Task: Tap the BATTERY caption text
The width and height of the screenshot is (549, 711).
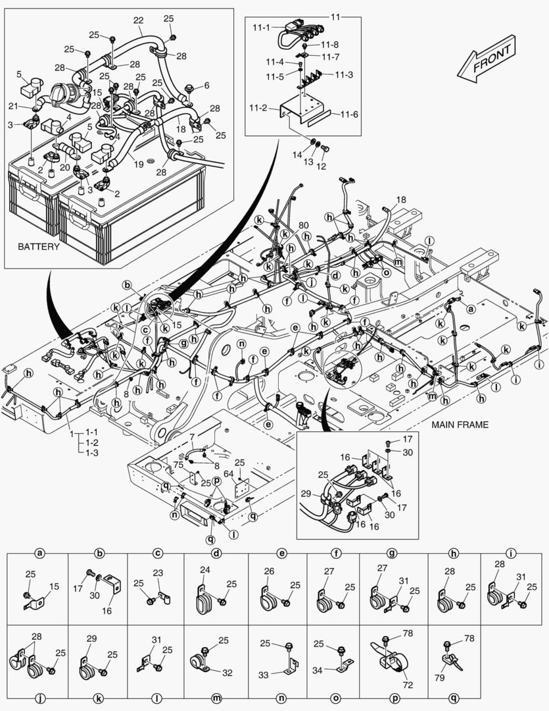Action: [x=38, y=247]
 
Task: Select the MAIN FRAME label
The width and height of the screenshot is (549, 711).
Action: [x=460, y=425]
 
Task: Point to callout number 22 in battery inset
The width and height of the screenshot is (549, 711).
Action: [x=138, y=21]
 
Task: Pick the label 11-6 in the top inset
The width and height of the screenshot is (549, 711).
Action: [x=348, y=115]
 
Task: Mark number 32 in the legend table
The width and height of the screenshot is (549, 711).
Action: [x=227, y=673]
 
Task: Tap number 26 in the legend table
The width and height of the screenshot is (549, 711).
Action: [x=268, y=571]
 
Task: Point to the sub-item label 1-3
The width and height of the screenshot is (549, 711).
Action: [x=92, y=452]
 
